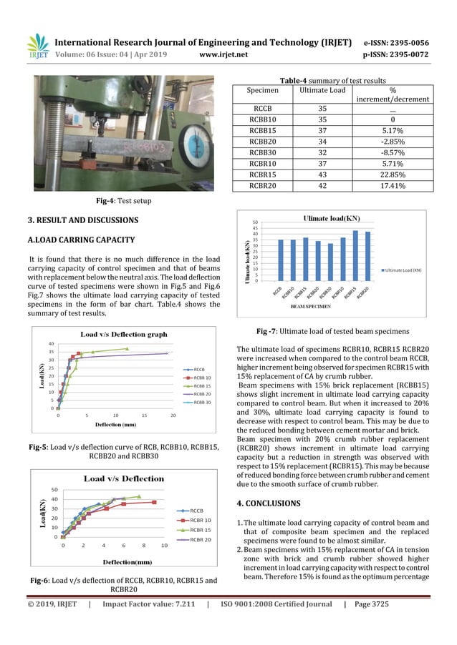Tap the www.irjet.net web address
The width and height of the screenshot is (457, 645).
coord(223,54)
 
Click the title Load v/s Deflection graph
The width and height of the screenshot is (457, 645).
coord(123,334)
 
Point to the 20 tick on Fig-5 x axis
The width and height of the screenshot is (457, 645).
coord(173,415)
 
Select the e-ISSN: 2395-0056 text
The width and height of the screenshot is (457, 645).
coord(397,42)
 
